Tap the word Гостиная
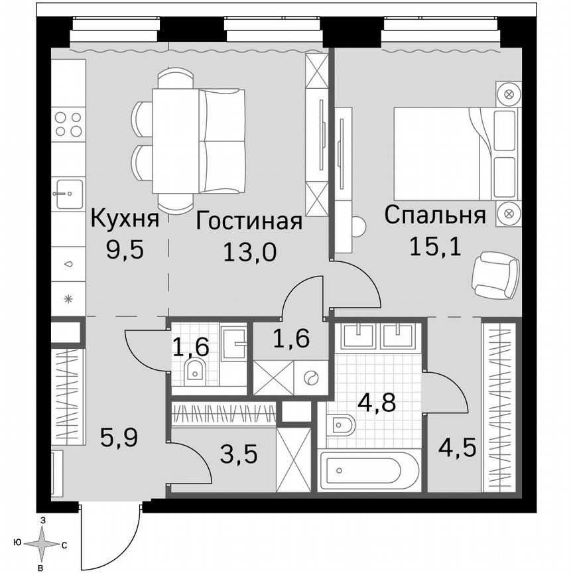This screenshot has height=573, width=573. click(x=249, y=222)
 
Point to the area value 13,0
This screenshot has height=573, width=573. click(x=249, y=252)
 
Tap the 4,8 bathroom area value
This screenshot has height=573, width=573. click(x=375, y=402)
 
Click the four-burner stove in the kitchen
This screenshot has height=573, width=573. click(x=68, y=124)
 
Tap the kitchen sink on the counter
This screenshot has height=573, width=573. click(x=68, y=194)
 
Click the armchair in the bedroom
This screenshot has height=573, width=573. click(x=494, y=275)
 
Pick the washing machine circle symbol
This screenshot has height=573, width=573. click(x=310, y=378)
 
